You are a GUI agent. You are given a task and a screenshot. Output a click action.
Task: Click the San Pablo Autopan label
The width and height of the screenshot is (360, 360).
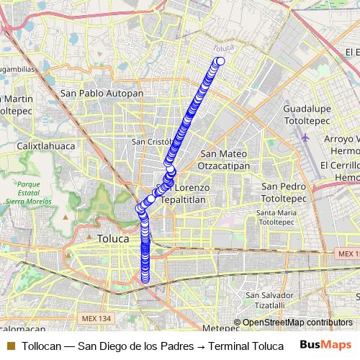click(x=102, y=93)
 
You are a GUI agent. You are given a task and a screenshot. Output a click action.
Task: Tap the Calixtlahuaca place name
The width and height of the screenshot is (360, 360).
click(x=48, y=145)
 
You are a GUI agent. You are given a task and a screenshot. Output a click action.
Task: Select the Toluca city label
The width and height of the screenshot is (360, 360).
click(x=112, y=238)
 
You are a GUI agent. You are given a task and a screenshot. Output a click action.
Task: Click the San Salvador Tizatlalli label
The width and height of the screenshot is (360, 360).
click(x=269, y=300)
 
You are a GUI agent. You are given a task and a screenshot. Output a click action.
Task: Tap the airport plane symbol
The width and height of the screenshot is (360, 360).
click(x=305, y=137)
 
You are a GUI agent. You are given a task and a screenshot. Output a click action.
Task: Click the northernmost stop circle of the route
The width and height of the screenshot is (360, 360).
click(x=220, y=61)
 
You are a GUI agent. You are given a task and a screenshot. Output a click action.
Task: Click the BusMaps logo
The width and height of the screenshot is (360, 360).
click(x=325, y=346)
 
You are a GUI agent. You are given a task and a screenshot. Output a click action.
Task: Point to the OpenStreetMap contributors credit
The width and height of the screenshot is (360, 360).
click(x=297, y=323)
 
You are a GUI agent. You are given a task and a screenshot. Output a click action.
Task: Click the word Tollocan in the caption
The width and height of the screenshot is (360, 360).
click(x=41, y=346)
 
